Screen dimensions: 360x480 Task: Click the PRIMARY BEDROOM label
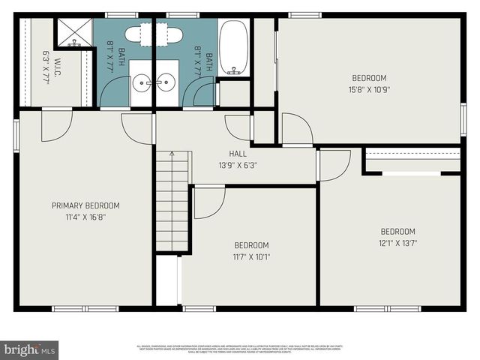tap(85, 205)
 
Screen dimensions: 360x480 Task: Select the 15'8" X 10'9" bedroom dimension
tap(369, 89)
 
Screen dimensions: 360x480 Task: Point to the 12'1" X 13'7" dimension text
tap(397, 242)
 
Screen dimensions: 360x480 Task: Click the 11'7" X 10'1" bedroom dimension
tap(251, 256)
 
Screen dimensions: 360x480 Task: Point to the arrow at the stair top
tap(172, 154)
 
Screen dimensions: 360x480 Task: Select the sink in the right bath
tap(168, 83)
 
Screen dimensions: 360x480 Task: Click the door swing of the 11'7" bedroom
tap(208, 201)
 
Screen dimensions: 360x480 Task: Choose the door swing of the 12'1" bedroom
tap(334, 164)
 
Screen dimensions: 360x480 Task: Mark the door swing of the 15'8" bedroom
tap(296, 129)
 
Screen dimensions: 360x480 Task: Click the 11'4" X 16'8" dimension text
tap(85, 217)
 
